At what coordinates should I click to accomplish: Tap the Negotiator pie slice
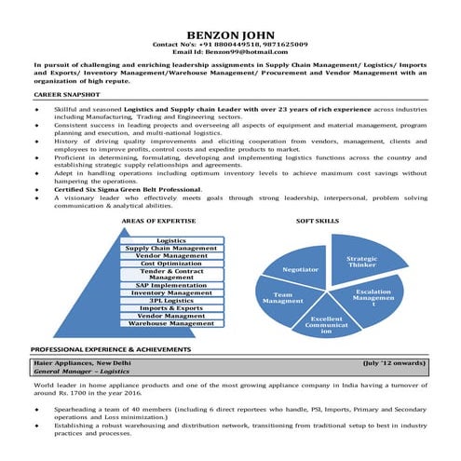[301, 269]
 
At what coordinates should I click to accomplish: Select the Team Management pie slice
[283, 300]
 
